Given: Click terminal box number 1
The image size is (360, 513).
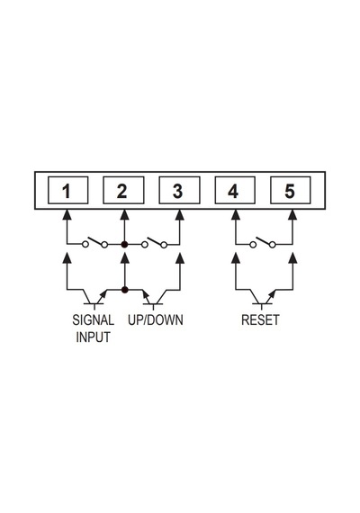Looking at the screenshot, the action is click(x=68, y=190).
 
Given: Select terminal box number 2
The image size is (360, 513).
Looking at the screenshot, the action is click(x=123, y=190).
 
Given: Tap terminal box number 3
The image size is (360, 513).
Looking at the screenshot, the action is click(x=179, y=190).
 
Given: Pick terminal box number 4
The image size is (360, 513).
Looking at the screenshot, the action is click(x=235, y=190).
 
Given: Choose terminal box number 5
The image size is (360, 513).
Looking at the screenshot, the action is click(x=291, y=190).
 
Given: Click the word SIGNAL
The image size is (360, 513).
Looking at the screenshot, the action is click(x=94, y=320).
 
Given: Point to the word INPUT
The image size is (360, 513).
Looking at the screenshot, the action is click(x=94, y=337).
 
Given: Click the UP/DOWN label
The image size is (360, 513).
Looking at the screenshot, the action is click(x=156, y=320).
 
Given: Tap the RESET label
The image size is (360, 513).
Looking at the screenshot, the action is click(x=260, y=320).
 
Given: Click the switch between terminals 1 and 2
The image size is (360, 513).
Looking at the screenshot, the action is click(x=94, y=242).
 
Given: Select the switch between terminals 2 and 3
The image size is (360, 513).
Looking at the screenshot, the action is click(x=154, y=242).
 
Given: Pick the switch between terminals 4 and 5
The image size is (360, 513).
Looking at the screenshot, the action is click(x=263, y=242).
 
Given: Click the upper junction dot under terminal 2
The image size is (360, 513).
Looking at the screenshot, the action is click(x=124, y=244).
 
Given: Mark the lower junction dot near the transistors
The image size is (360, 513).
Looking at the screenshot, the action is click(x=124, y=290).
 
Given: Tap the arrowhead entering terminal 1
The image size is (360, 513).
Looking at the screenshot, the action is click(x=67, y=214).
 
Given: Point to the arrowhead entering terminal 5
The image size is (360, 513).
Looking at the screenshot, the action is click(x=292, y=214).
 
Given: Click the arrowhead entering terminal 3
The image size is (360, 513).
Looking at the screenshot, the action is click(x=180, y=214).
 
